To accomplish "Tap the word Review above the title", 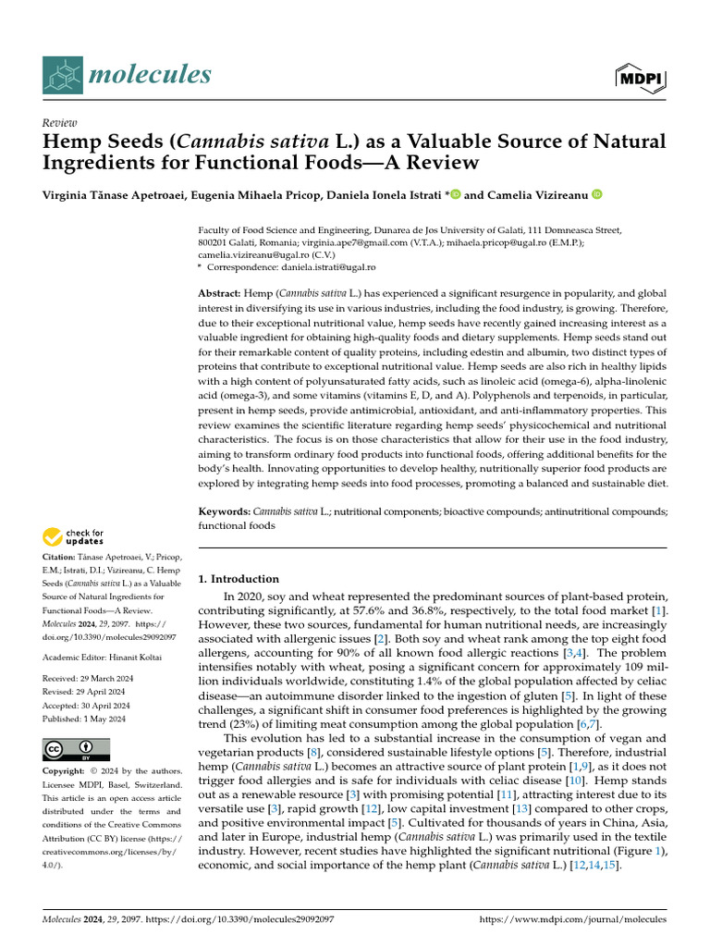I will point(60,123).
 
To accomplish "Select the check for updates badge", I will point(73,536).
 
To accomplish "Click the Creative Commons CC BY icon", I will point(76,749).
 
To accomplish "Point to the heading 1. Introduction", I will point(239,579).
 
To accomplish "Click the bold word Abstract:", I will point(223,293).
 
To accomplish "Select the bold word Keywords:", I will point(225,510).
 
